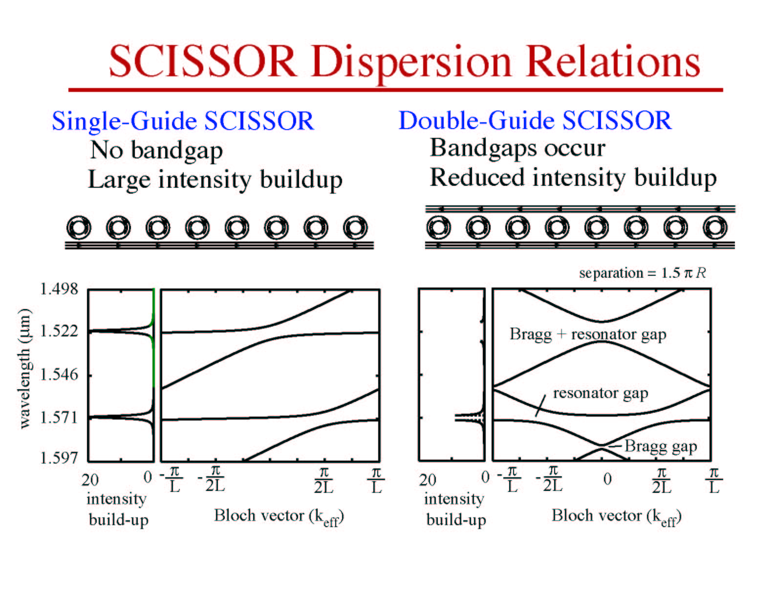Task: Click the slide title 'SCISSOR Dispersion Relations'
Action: pyautogui.click(x=404, y=61)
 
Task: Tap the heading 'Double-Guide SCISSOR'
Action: pyautogui.click(x=535, y=120)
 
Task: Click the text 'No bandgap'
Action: pyautogui.click(x=156, y=150)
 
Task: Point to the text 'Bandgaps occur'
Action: pyautogui.click(x=517, y=148)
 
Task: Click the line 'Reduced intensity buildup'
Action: pyautogui.click(x=573, y=177)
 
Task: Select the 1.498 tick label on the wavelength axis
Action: pyautogui.click(x=59, y=288)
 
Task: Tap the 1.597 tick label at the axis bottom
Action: pyautogui.click(x=59, y=458)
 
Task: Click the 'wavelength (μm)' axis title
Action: pyautogui.click(x=24, y=369)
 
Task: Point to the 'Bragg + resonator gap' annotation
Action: pyautogui.click(x=588, y=334)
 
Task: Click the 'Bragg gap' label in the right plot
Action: pyautogui.click(x=661, y=446)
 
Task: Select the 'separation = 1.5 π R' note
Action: pyautogui.click(x=642, y=273)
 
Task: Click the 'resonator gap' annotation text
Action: pyautogui.click(x=601, y=394)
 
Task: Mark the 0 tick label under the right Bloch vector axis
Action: pyautogui.click(x=607, y=479)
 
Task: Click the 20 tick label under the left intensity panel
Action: pyautogui.click(x=90, y=480)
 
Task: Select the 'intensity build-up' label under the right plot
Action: pyautogui.click(x=455, y=509)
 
